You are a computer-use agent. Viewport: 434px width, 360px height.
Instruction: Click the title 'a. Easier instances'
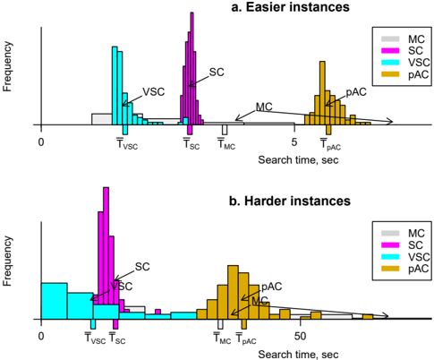point(290,7)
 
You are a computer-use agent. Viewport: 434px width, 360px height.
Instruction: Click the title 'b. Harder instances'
point(290,201)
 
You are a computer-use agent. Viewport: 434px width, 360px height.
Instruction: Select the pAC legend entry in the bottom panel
point(404,269)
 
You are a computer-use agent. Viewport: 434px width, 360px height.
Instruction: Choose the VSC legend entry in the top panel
point(405,63)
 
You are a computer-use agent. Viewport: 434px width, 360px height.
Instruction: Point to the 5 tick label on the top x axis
point(294,142)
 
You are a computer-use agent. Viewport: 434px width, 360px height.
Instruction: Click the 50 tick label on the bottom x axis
point(300,336)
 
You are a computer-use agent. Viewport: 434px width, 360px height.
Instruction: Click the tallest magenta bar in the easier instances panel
point(191,68)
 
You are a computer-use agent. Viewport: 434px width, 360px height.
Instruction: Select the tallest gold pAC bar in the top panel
point(322,93)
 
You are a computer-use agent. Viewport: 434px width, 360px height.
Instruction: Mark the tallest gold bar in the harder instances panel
point(233,292)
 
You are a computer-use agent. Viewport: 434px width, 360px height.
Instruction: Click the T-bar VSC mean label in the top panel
point(127,143)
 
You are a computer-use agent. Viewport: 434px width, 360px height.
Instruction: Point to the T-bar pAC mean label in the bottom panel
point(246,339)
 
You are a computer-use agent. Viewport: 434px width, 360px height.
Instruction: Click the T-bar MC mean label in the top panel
point(226,143)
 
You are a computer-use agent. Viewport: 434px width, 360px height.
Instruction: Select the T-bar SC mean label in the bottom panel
point(117,338)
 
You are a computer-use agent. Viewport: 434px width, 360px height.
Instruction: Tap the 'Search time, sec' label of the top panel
point(298,160)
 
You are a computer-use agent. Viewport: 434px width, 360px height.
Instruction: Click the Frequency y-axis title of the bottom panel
point(7,261)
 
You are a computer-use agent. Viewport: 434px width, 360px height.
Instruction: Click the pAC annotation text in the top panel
point(356,92)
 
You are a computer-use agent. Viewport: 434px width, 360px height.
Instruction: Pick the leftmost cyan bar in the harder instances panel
point(55,301)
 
